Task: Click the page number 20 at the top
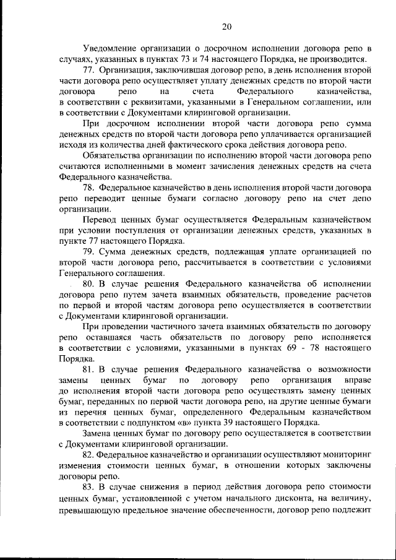click(x=227, y=26)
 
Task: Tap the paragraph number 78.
click(x=90, y=187)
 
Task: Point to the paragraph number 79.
click(x=90, y=252)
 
